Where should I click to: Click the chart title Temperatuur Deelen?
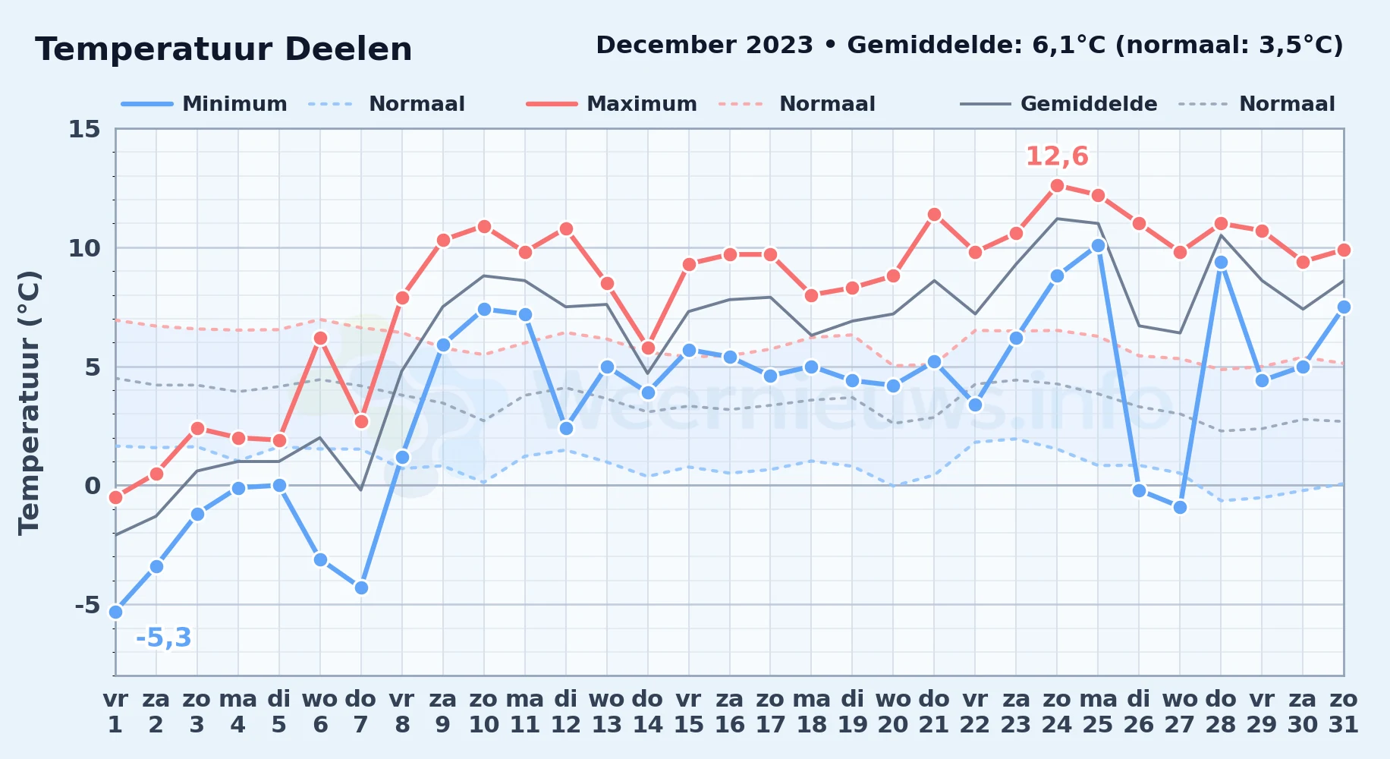tap(224, 49)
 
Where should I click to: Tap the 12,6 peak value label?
tap(1057, 156)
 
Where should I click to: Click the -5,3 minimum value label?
tap(163, 638)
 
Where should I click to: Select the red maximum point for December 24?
tap(1057, 185)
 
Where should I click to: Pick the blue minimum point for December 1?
tap(115, 612)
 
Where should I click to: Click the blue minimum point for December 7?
tap(361, 587)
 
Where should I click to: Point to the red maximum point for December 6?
tap(320, 338)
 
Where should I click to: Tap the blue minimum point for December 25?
tap(1098, 245)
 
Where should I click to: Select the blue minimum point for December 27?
tap(1180, 507)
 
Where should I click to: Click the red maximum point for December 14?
tap(648, 348)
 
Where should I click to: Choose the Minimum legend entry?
tap(204, 104)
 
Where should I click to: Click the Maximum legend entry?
tap(612, 104)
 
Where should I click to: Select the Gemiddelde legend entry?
tap(1058, 104)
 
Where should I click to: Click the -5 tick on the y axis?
tap(86, 605)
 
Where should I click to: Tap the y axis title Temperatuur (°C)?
tap(29, 402)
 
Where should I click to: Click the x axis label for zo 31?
tap(1343, 712)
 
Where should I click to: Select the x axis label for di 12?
tap(566, 712)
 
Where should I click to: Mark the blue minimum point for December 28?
tap(1221, 263)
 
